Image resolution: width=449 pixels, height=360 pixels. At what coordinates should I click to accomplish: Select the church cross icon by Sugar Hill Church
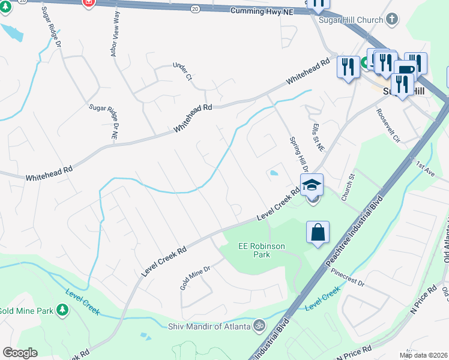tap(392, 19)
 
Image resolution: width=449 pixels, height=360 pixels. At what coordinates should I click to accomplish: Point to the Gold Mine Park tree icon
tap(62, 310)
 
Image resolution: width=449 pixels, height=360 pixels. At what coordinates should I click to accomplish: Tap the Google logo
tap(20, 353)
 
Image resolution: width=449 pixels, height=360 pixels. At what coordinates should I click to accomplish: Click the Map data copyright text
tap(424, 355)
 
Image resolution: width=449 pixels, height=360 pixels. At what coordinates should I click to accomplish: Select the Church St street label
tap(349, 184)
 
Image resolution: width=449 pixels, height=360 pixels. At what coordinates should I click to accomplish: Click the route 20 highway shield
tap(194, 9)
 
